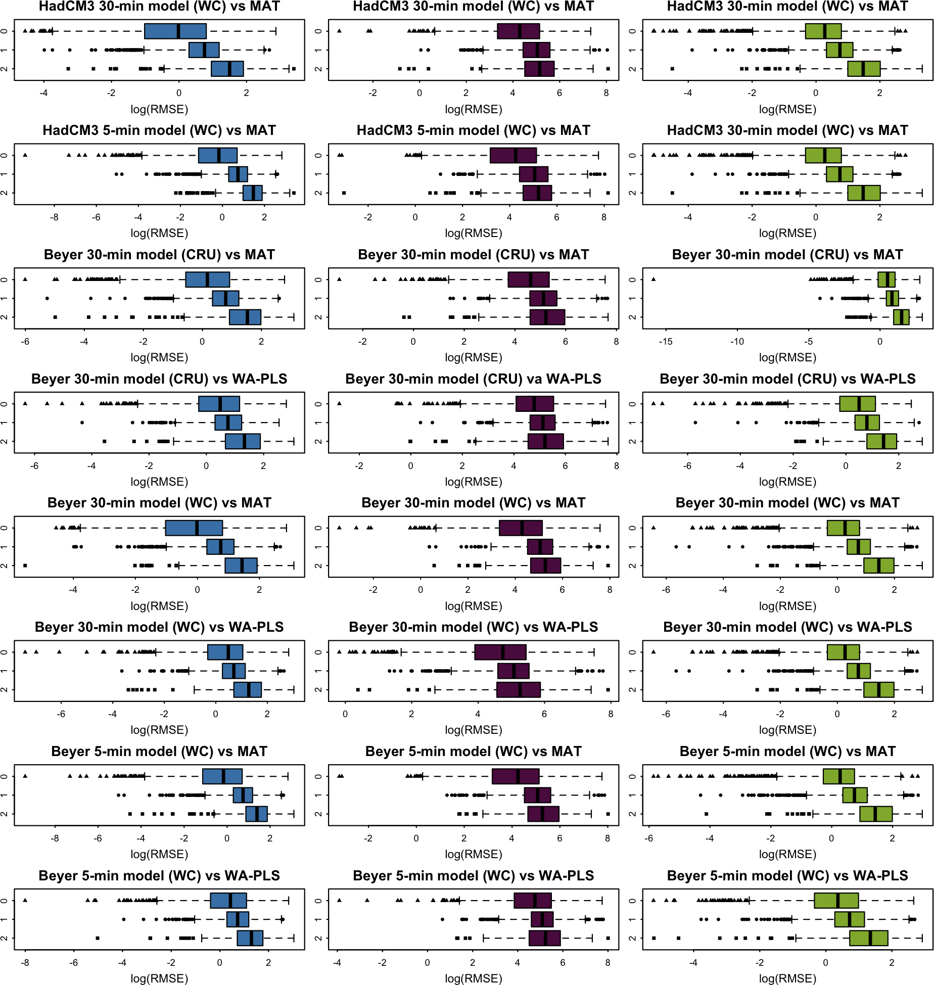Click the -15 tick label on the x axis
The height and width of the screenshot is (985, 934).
[665, 342]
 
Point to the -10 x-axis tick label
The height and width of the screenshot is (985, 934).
[737, 342]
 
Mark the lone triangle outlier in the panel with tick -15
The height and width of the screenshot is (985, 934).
[653, 279]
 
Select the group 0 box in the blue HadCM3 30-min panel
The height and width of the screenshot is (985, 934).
[175, 31]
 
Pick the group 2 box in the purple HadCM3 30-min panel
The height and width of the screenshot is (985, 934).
[539, 69]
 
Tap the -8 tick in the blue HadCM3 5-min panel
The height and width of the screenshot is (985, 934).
[54, 217]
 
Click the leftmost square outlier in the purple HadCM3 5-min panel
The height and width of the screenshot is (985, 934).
[344, 193]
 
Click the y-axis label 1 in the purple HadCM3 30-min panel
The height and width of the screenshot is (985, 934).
[318, 50]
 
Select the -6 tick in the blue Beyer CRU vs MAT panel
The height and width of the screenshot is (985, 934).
[25, 342]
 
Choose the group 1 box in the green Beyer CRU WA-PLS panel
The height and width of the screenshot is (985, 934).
[867, 423]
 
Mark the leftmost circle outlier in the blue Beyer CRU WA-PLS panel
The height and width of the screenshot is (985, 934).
[82, 423]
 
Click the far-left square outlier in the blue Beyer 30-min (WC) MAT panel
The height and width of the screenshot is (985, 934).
[25, 566]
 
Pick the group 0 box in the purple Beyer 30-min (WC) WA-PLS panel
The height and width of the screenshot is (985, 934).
[500, 652]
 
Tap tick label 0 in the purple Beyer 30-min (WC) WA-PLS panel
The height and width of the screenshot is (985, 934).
[345, 714]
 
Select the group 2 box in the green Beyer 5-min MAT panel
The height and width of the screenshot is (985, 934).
[876, 814]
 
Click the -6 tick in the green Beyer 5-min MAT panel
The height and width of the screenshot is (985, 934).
[649, 838]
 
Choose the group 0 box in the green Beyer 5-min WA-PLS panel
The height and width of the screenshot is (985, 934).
[836, 901]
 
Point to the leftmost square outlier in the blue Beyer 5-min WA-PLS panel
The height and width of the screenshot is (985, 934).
[98, 938]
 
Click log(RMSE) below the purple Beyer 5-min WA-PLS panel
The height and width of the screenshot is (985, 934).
[474, 978]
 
